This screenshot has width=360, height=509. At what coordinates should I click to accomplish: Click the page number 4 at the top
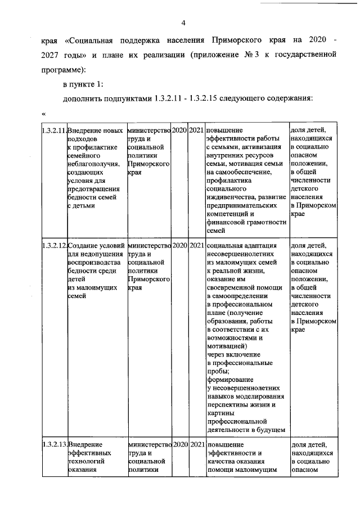point(183,22)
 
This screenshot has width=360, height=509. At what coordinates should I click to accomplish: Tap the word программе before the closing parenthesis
point(64,70)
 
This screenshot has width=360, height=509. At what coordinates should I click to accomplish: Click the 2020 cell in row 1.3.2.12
point(179,245)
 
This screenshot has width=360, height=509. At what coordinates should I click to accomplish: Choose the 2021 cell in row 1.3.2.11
point(196,130)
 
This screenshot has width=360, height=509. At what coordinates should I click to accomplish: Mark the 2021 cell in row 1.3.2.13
point(196,444)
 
